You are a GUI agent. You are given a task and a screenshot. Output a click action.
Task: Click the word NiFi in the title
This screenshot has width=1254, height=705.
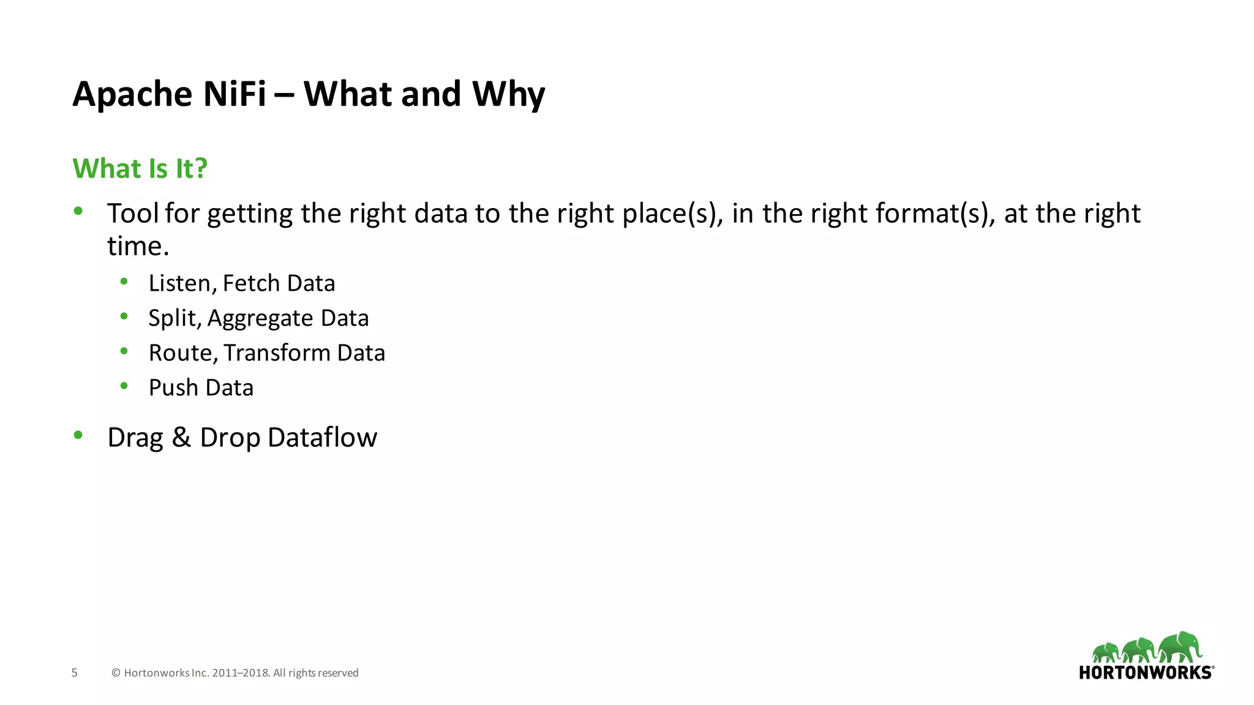pos(234,94)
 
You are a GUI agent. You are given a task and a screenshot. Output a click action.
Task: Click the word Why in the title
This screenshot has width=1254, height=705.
pos(508,95)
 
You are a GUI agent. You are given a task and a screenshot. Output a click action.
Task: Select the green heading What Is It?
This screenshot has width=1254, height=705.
pos(140,168)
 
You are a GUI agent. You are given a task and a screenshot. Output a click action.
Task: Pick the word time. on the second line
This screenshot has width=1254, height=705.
pos(138,246)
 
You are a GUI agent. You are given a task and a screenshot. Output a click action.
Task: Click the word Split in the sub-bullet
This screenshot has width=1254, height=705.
pos(173,318)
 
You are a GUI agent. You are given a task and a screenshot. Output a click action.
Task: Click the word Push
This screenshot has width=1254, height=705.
pos(173,388)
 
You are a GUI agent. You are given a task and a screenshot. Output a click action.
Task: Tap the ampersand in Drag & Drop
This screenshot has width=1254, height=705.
pos(181,438)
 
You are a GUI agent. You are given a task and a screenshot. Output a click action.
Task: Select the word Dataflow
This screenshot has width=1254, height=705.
pos(322,438)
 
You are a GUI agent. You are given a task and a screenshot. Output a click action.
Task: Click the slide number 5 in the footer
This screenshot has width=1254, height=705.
pos(75,673)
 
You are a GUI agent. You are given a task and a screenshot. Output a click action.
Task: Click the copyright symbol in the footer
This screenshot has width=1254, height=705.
pos(116,673)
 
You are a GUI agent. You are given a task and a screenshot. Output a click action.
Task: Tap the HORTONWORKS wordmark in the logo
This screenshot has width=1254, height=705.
pos(1146,673)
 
